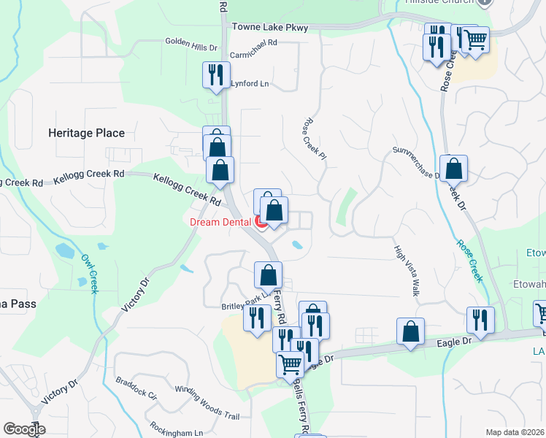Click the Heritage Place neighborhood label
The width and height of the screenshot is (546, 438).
[x=86, y=133]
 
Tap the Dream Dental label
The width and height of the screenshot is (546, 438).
[x=220, y=222]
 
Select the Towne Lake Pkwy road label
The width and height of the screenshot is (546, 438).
[x=270, y=28]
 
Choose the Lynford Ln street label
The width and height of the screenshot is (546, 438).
[x=250, y=84]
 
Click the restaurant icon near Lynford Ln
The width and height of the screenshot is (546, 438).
[x=216, y=74]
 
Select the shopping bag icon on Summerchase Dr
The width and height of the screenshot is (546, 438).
[x=453, y=169]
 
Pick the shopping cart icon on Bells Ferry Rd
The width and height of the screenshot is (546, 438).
[x=291, y=364]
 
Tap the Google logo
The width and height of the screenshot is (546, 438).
[x=24, y=429]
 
